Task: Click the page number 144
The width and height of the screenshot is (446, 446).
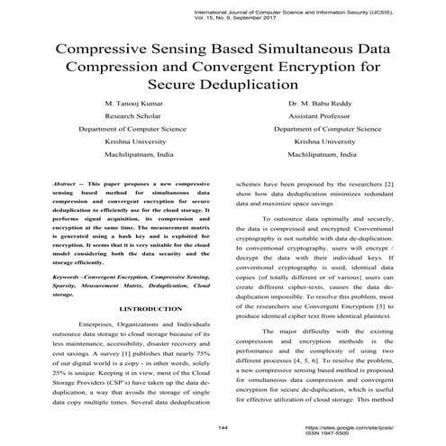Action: tap(223, 426)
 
